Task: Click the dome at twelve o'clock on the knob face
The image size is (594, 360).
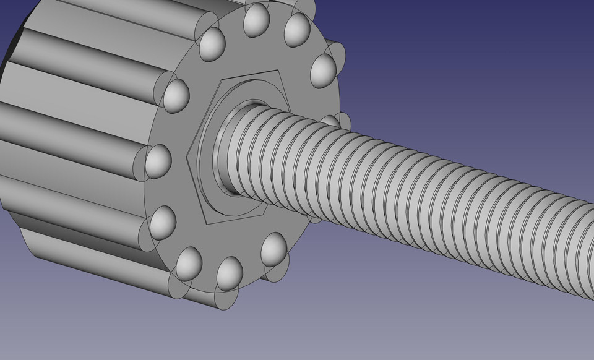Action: point(255,21)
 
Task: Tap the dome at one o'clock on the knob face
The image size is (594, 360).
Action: point(297,28)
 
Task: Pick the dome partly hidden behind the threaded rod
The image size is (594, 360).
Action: point(332,119)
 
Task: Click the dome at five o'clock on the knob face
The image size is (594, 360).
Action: point(273,248)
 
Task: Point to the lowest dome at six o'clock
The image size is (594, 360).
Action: point(229,273)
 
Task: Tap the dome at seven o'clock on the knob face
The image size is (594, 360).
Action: point(189,263)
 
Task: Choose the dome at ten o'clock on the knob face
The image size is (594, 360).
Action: point(176,95)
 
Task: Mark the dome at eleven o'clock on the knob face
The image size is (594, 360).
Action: point(212,44)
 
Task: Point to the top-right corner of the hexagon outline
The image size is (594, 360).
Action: point(282,72)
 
